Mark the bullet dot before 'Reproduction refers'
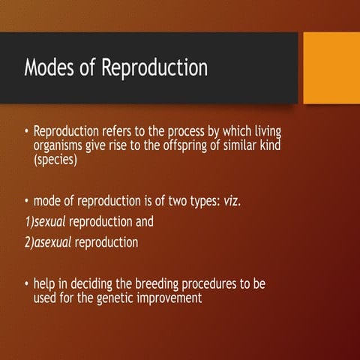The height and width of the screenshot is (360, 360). pos(26,133)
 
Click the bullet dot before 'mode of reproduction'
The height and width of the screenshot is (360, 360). pos(26,201)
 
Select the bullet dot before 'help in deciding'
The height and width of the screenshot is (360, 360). pos(26,286)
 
